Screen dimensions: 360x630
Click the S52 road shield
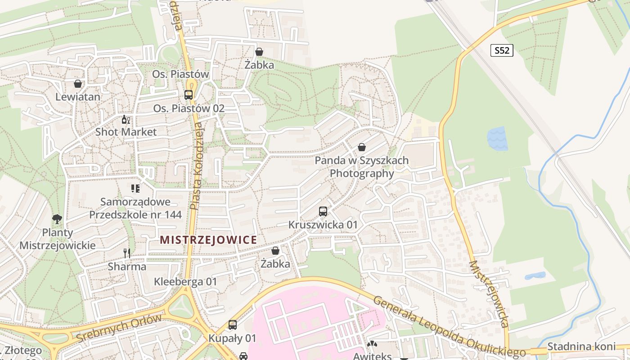502,50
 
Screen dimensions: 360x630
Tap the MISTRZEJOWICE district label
208,240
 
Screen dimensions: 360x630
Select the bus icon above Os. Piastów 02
189,95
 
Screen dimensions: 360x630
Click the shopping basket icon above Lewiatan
78,84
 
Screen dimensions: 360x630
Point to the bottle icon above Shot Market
126,120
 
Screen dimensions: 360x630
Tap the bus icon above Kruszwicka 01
323,211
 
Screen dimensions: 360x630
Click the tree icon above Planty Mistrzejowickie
57,219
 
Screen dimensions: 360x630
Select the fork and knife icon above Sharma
127,253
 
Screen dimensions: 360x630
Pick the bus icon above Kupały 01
232,324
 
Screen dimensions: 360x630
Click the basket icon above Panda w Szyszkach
361,147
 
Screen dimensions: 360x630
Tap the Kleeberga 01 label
185,282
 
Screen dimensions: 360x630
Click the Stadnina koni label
581,346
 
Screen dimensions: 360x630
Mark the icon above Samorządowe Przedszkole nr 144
135,188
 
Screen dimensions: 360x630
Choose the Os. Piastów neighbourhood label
180,74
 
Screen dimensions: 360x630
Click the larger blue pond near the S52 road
497,138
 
